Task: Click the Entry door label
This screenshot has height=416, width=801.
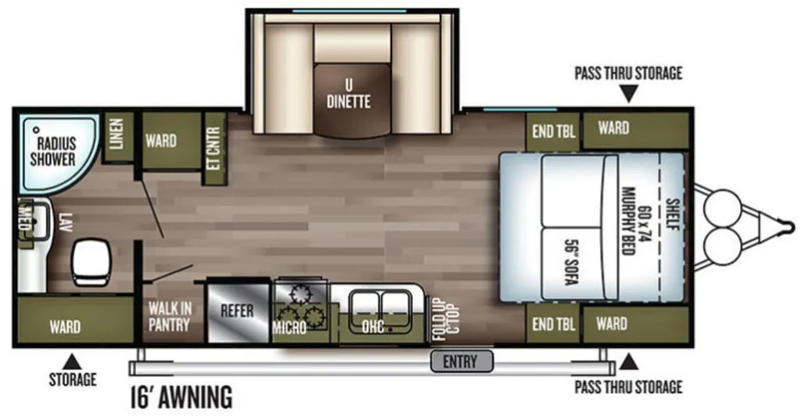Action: (460, 362)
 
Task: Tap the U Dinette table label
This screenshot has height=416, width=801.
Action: (348, 94)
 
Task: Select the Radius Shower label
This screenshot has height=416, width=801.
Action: (52, 151)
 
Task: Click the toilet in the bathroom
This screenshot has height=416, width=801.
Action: (91, 263)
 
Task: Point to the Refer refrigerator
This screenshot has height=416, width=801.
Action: (237, 311)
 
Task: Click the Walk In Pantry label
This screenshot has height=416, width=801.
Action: (170, 317)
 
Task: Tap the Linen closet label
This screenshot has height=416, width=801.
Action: (117, 134)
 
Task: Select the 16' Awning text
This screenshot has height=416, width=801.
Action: (181, 396)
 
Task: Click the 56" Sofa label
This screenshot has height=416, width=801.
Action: (571, 262)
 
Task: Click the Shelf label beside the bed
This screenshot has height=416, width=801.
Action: (673, 214)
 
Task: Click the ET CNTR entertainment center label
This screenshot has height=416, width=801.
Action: (214, 149)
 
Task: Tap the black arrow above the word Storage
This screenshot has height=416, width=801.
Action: (72, 361)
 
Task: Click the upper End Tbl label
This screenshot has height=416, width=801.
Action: (553, 131)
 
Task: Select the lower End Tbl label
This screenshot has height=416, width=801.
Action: (553, 325)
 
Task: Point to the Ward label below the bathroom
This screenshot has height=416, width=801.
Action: (65, 327)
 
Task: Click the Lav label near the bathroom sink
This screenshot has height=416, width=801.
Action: (63, 223)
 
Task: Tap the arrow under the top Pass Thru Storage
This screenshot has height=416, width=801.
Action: (629, 93)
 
